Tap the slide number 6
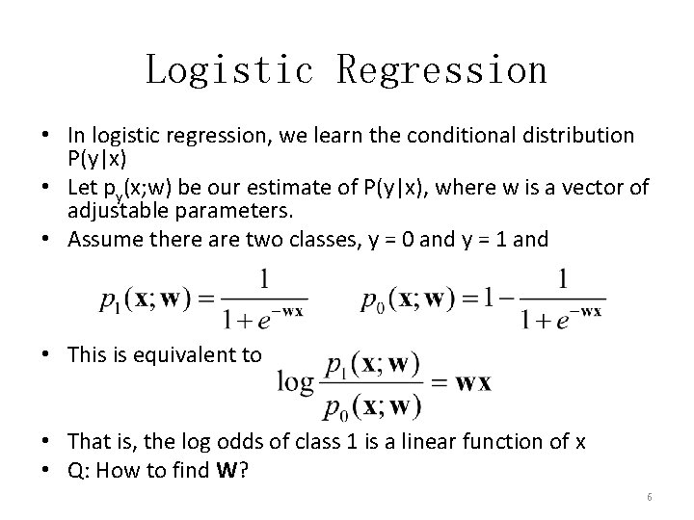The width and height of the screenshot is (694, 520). pos(650,496)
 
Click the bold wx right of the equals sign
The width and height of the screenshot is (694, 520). pos(472,382)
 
